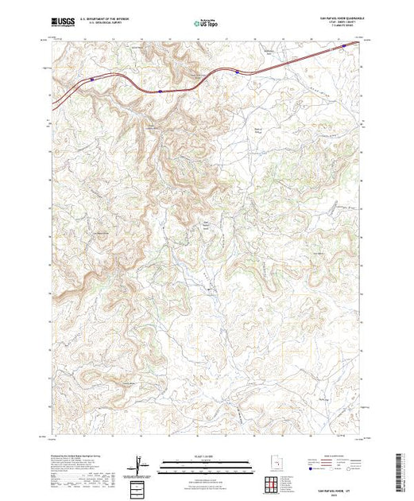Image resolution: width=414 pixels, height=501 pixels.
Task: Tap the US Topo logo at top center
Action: point(207,25)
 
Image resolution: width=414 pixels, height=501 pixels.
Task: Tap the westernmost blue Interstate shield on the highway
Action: point(95,79)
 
